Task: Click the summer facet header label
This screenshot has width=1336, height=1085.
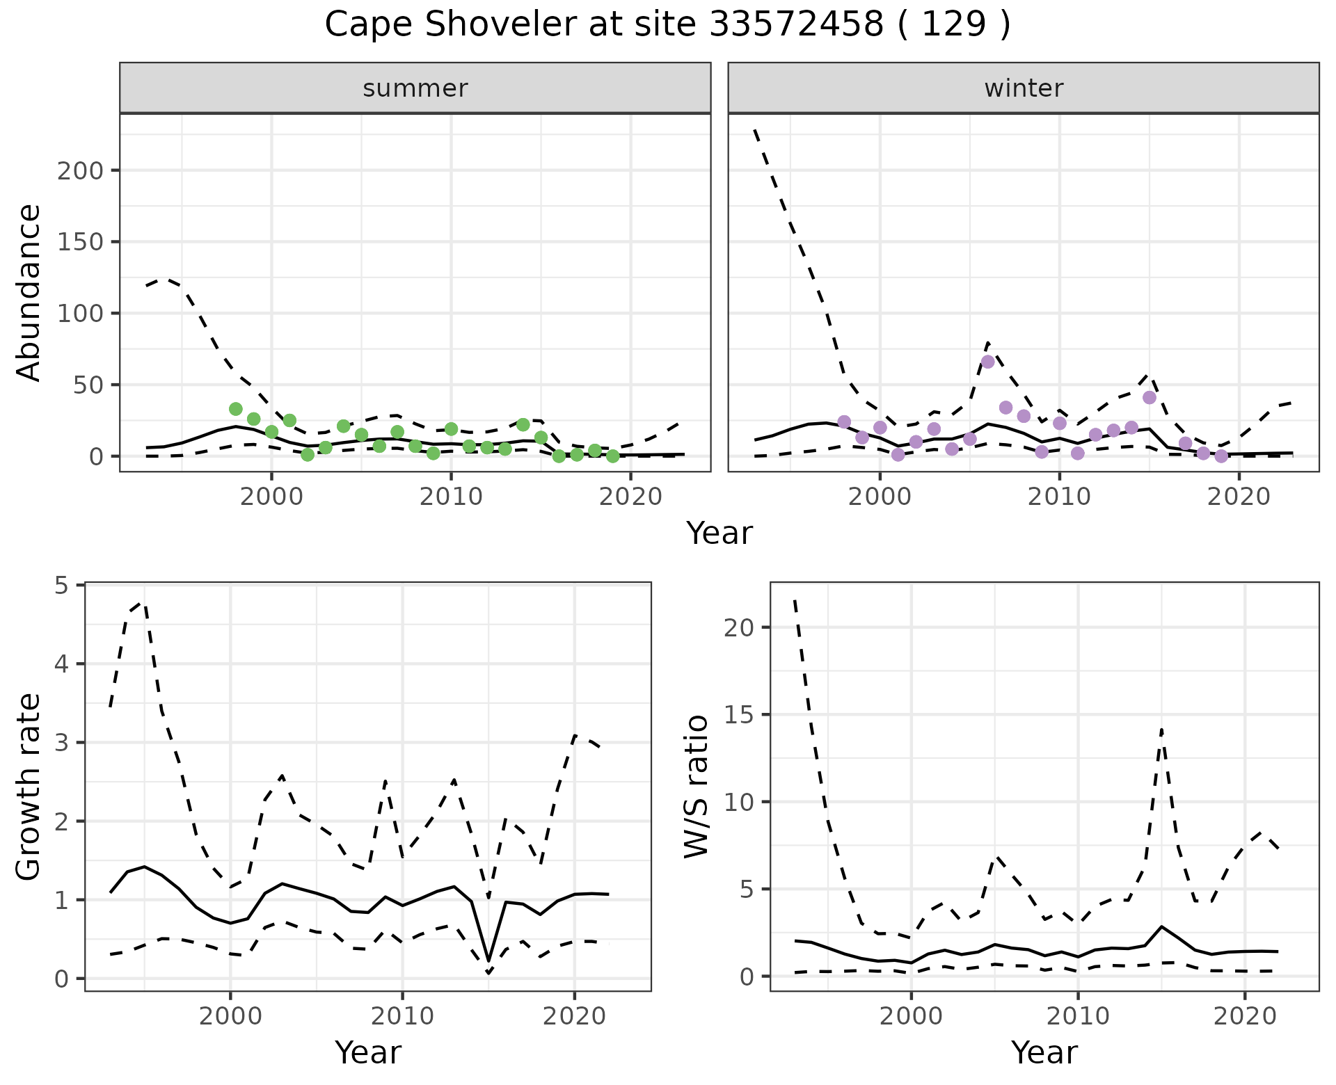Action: coord(415,88)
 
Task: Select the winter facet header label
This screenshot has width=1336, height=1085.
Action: coord(1024,88)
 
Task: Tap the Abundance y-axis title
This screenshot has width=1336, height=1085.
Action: coord(29,292)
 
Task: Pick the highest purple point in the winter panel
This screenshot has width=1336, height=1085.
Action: coord(987,362)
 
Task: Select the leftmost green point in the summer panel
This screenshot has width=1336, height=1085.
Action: coord(236,409)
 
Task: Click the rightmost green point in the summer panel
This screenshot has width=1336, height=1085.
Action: coord(612,456)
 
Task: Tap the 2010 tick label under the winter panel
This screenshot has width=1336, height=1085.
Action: coord(1059,497)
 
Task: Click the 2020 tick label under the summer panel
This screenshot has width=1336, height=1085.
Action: coord(630,497)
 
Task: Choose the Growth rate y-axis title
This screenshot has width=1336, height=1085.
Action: coord(29,787)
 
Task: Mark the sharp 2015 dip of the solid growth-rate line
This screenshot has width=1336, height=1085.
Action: coord(488,960)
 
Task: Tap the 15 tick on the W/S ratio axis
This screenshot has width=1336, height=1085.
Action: coord(739,714)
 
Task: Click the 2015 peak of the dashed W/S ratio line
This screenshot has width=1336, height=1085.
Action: coord(1161,728)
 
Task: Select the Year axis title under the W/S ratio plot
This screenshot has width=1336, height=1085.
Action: coord(1044,1052)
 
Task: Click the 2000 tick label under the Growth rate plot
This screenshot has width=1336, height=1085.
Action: coord(230,1016)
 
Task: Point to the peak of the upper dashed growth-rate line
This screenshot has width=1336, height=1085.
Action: coord(144,603)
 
